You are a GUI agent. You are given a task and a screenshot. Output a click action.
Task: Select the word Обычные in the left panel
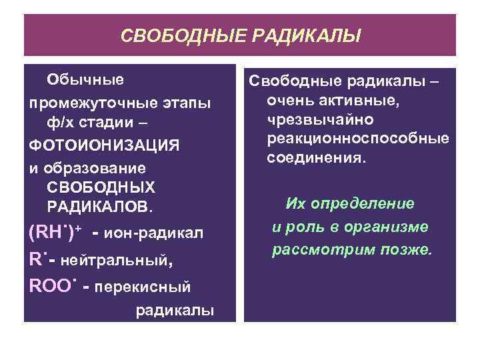(x=85, y=80)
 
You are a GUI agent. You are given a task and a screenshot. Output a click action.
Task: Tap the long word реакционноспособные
(x=357, y=139)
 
